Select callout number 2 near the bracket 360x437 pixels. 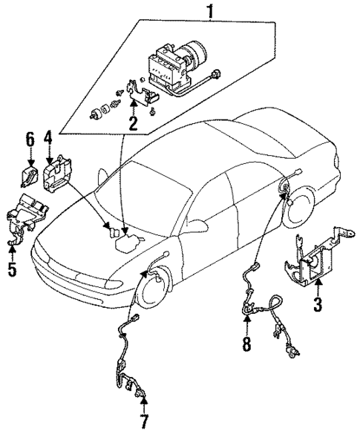tap(133, 122)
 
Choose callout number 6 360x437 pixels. tap(30, 139)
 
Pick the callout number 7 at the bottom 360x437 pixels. tap(144, 424)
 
